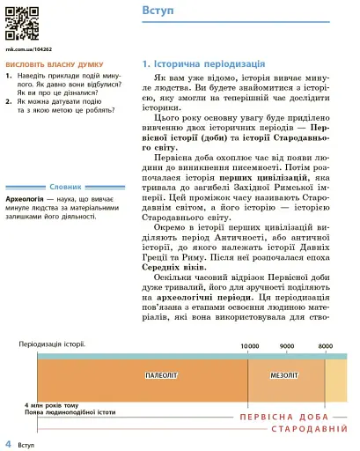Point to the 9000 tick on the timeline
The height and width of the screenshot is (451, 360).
click(x=287, y=346)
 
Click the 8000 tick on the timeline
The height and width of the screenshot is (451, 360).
click(x=325, y=346)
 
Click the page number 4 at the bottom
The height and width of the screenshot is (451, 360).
click(x=8, y=441)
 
